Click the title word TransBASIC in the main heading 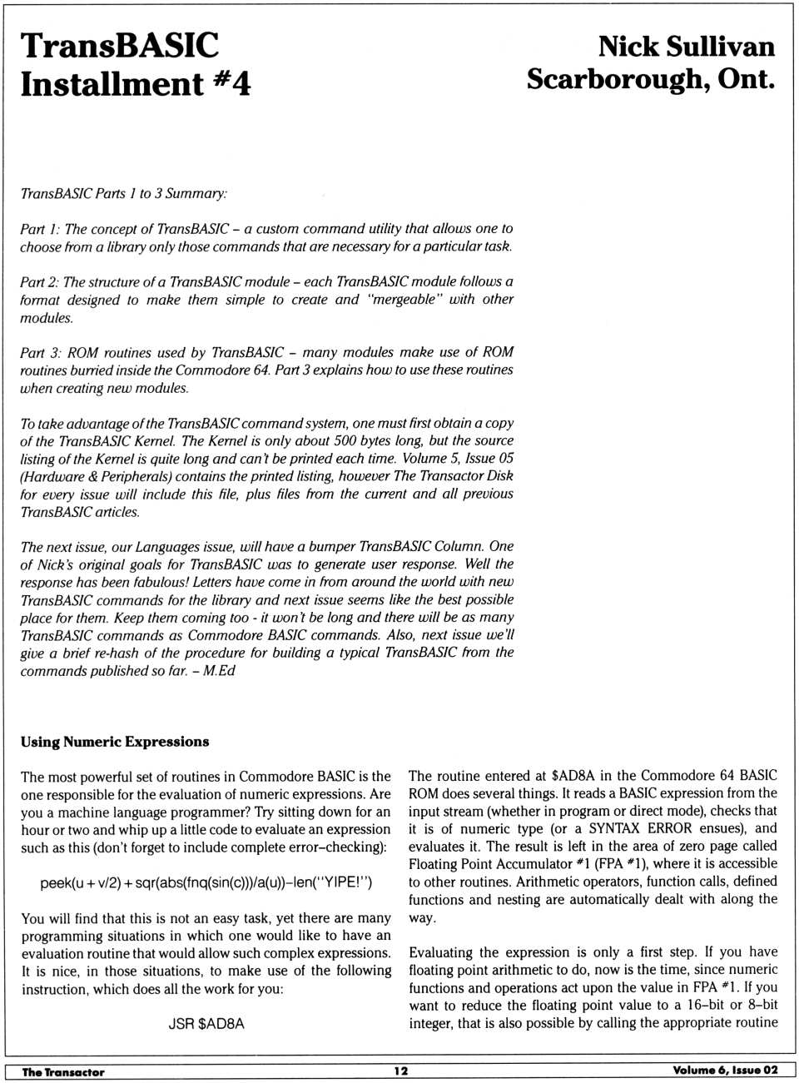(119, 45)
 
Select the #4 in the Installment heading (231, 83)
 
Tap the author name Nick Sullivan (686, 46)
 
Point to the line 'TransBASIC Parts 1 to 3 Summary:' (124, 193)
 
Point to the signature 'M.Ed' (221, 671)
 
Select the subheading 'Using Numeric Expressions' (115, 742)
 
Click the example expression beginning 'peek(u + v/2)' (206, 882)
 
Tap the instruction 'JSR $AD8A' (206, 1024)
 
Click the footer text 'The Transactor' (63, 1072)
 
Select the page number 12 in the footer (401, 1071)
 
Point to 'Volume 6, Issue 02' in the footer (726, 1071)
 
